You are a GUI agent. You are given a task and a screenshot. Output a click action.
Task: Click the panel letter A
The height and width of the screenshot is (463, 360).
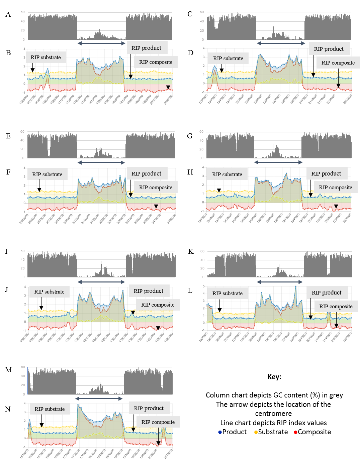pyautogui.click(x=8, y=14)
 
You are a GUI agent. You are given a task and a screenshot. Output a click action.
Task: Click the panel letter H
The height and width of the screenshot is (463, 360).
pyautogui.click(x=190, y=172)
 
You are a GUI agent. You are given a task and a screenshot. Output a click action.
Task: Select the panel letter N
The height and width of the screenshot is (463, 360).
pyautogui.click(x=8, y=409)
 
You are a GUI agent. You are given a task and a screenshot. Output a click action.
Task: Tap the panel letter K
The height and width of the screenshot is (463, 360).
pyautogui.click(x=191, y=251)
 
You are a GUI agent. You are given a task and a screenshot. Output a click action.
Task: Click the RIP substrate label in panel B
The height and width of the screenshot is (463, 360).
pyautogui.click(x=46, y=57)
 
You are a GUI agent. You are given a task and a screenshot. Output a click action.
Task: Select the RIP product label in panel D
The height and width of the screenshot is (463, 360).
pyautogui.click(x=329, y=49)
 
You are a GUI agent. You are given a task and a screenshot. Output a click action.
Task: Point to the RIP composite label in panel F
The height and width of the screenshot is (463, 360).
pyautogui.click(x=156, y=188)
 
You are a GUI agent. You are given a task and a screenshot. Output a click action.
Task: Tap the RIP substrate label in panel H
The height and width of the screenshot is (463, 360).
pyautogui.click(x=227, y=175)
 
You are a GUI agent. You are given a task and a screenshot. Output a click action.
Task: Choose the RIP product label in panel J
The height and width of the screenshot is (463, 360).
pyautogui.click(x=149, y=291)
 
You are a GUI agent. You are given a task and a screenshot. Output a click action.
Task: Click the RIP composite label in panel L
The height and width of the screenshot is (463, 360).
pyautogui.click(x=336, y=307)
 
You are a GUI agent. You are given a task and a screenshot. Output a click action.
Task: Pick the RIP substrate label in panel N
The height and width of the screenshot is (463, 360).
pyautogui.click(x=50, y=409)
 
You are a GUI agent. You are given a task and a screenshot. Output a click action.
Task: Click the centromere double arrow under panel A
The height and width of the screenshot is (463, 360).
pyautogui.click(x=101, y=43)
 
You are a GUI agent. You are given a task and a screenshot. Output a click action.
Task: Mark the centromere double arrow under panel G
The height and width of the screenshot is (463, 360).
pyautogui.click(x=278, y=162)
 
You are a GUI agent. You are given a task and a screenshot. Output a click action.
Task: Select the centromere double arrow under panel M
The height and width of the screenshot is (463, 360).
pyautogui.click(x=99, y=398)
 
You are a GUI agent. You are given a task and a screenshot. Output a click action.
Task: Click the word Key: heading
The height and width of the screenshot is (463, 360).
pyautogui.click(x=274, y=377)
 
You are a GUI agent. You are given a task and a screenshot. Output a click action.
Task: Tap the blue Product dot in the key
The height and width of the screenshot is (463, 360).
pyautogui.click(x=220, y=432)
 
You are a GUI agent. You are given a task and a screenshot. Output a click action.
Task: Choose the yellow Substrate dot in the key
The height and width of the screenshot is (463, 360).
pyautogui.click(x=256, y=432)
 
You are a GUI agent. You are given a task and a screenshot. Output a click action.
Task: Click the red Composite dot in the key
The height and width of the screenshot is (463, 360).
pyautogui.click(x=295, y=432)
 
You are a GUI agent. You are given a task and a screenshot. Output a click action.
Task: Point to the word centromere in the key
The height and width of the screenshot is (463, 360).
pyautogui.click(x=273, y=414)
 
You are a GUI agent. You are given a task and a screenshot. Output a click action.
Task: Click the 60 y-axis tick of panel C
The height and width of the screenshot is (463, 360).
pyautogui.click(x=202, y=12)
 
